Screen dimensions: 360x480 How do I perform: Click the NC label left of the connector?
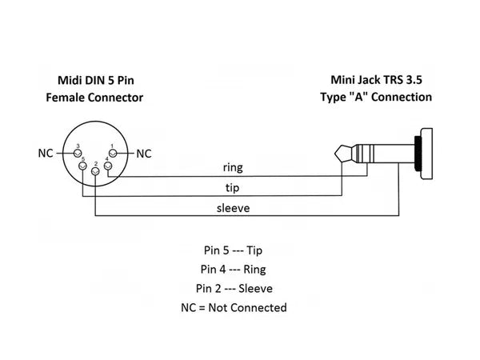(x=45, y=153)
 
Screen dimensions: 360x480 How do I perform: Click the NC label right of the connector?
(x=143, y=153)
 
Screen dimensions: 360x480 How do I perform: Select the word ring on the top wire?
(x=232, y=168)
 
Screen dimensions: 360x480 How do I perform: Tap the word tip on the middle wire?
(x=232, y=188)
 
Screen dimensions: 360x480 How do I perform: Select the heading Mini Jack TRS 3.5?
(x=381, y=80)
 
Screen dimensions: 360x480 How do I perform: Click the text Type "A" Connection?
(x=381, y=97)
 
